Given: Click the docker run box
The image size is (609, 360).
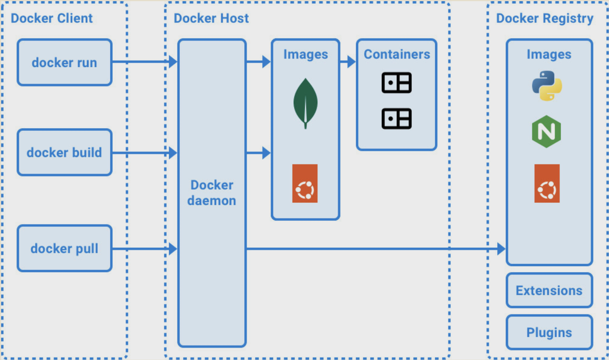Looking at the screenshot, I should click(65, 62).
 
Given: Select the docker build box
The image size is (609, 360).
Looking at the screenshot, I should click(65, 152).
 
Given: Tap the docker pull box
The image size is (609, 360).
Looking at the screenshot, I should click(65, 248).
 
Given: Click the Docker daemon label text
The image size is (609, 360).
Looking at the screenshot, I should click(212, 193).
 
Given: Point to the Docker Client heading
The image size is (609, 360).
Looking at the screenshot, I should click(52, 18).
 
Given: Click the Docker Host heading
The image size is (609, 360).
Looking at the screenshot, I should click(211, 18).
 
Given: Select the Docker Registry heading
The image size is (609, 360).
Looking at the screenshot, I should click(545, 18).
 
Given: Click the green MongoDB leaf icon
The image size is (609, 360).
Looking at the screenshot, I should click(305, 103).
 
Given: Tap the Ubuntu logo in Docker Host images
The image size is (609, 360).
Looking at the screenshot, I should click(305, 183).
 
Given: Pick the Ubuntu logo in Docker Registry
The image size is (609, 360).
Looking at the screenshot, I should click(547, 183).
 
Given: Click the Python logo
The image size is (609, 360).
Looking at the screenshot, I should click(547, 86).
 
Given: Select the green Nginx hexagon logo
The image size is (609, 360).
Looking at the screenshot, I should click(547, 132).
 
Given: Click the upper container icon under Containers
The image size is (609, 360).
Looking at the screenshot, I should click(397, 83).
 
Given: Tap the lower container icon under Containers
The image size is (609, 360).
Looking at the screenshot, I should click(397, 118).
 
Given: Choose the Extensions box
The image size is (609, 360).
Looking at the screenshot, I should click(549, 290).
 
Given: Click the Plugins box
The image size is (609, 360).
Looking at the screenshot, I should click(549, 332).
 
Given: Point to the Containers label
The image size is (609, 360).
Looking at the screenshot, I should click(397, 54).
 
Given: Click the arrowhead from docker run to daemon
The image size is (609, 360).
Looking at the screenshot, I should click(173, 62).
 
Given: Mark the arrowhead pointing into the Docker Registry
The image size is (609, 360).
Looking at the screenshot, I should click(501, 249).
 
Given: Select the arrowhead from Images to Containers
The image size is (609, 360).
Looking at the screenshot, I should click(351, 62).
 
